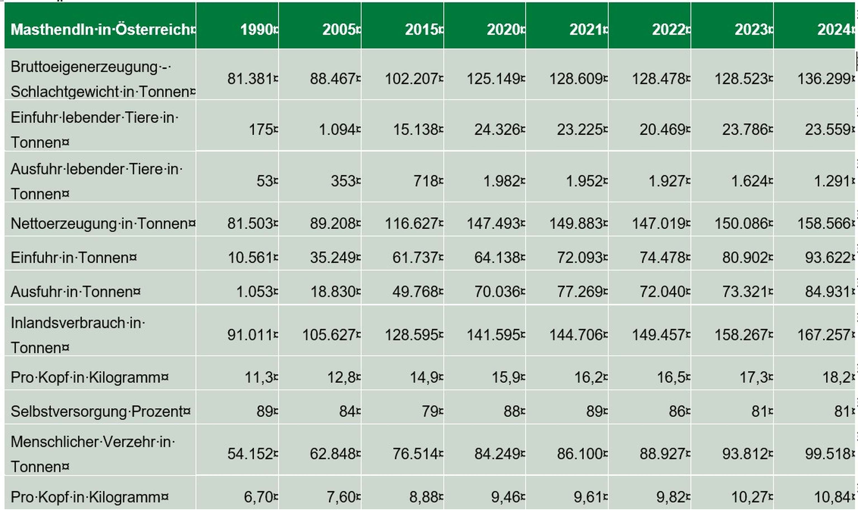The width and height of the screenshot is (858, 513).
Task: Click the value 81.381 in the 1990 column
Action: click(x=250, y=79)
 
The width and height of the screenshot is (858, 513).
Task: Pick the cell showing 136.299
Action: click(x=823, y=79)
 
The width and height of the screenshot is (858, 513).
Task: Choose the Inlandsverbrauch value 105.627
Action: click(x=329, y=335)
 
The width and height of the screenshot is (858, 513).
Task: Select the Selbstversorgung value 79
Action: click(x=430, y=411)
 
